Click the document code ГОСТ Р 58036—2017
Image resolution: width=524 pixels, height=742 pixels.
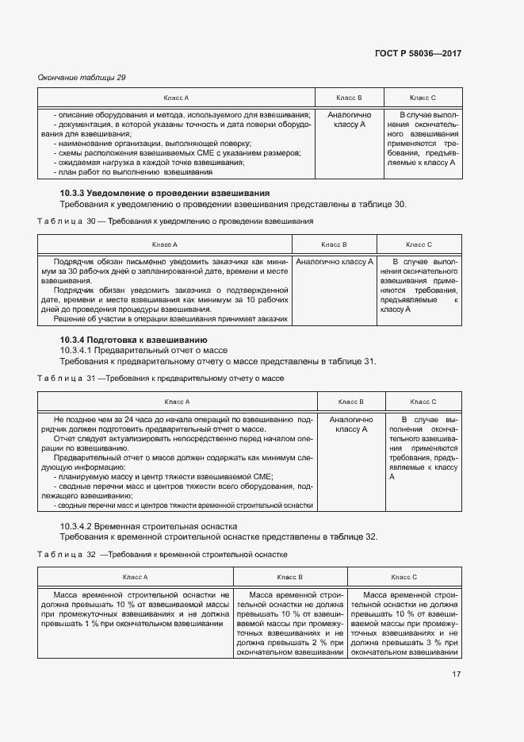pos(418,53)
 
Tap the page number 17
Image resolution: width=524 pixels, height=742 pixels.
pos(457,674)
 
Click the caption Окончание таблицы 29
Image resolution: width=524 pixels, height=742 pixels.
pos(82,77)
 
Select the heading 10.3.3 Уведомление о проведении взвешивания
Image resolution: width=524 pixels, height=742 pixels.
pos(165,193)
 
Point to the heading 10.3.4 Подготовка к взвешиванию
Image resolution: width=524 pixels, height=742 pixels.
pos(133,340)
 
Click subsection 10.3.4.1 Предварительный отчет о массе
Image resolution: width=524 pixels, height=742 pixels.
pos(143,350)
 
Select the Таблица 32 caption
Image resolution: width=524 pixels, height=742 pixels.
pos(163,554)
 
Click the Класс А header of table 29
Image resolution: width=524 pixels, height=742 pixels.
pos(176,98)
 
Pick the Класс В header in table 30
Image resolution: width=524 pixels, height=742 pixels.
pos(334,244)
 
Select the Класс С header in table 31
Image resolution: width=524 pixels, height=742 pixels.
pos(423,402)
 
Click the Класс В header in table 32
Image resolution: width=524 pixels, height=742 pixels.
pos(289,577)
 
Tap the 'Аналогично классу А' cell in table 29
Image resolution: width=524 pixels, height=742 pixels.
pos(349,120)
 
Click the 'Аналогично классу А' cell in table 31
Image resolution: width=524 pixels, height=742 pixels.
pos(350,424)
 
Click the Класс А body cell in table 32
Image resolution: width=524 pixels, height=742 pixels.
pos(135,609)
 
